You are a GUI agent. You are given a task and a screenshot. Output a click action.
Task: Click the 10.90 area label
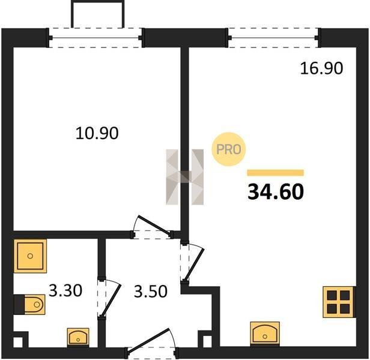(97, 133)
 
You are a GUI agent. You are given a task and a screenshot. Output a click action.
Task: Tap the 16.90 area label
(321, 68)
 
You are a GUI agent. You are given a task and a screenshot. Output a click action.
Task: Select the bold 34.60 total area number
(276, 191)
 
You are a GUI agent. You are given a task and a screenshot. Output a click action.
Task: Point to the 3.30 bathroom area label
(65, 290)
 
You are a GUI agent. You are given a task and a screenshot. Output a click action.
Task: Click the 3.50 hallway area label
(151, 291)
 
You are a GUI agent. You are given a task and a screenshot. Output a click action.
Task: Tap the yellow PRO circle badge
(228, 149)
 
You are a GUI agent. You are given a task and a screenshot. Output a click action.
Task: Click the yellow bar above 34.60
(275, 173)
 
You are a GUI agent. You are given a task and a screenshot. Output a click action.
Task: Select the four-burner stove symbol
(339, 302)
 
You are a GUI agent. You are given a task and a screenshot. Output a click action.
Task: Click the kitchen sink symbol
(265, 334)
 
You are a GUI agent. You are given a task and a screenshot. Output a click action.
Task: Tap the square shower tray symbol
(30, 256)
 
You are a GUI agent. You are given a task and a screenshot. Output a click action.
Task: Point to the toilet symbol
(30, 305)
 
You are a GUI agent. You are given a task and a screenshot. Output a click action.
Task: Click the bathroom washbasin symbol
(78, 337)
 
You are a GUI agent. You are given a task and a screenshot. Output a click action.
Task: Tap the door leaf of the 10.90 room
(154, 225)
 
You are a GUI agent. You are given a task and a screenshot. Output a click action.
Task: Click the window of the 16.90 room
(273, 38)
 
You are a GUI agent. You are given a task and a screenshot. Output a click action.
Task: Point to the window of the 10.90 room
(96, 38)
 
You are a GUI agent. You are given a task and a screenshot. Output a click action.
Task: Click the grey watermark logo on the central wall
(185, 177)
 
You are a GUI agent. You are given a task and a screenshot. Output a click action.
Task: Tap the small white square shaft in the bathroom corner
(18, 342)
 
